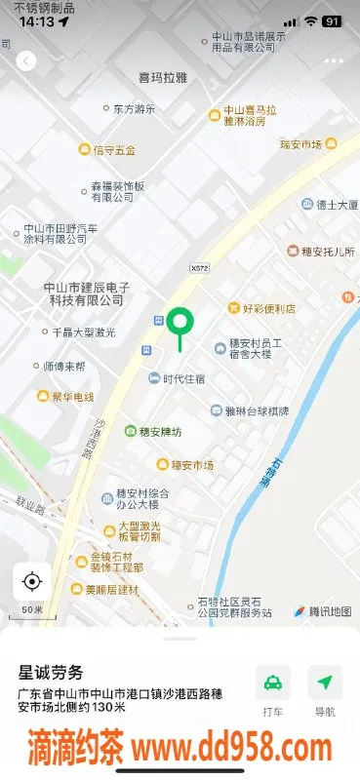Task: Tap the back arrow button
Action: tap(26, 60)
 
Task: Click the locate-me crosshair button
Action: tap(31, 582)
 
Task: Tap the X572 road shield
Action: tap(201, 266)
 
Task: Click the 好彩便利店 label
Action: tap(260, 308)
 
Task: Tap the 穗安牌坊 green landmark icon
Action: tap(131, 431)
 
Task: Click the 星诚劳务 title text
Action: tap(52, 672)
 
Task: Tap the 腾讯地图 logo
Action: tap(323, 611)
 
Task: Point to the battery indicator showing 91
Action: tap(332, 21)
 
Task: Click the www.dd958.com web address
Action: tap(232, 749)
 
